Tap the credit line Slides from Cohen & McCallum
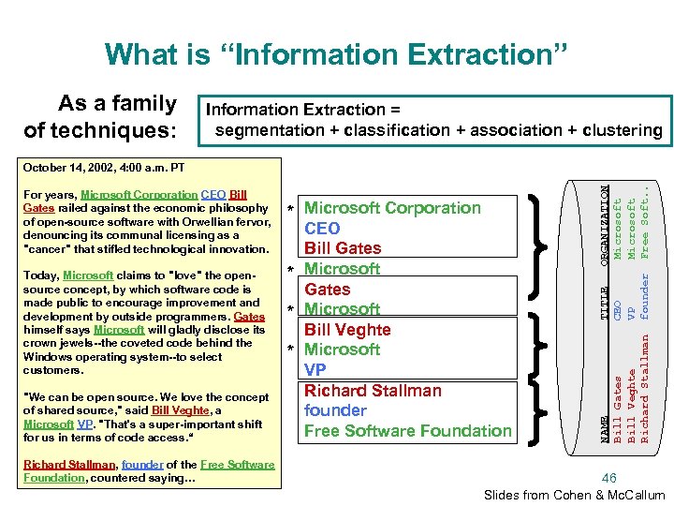[574, 495]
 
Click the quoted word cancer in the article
[50, 249]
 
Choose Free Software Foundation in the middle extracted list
[408, 431]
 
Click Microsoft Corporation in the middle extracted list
[393, 208]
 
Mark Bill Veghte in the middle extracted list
[347, 330]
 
